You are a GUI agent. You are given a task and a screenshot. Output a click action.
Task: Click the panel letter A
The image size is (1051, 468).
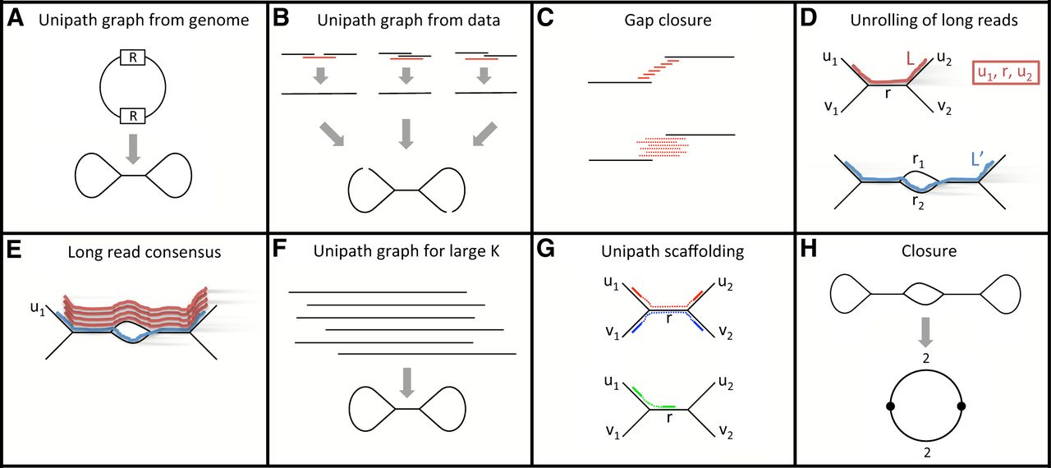coord(16,18)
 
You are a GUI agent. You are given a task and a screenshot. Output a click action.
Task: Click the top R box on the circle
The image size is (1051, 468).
coord(133,57)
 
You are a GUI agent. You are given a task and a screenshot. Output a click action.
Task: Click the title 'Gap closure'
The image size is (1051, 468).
coord(660,20)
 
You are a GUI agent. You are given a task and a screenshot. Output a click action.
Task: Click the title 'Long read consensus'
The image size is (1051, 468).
coord(145,252)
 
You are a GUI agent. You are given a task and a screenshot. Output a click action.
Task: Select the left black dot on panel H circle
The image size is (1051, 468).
coord(889,406)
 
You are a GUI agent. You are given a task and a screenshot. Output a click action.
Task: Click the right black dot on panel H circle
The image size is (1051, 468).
coord(962,406)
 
